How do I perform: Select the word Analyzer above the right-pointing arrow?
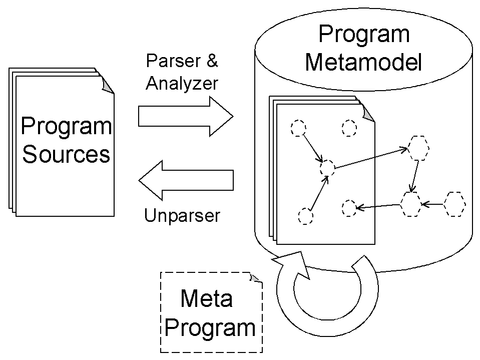pyautogui.click(x=182, y=83)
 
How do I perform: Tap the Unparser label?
pyautogui.click(x=182, y=216)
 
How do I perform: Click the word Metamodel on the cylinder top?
pyautogui.click(x=364, y=63)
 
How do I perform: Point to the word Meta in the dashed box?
pyautogui.click(x=206, y=299)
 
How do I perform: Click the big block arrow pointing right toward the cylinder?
pyautogui.click(x=186, y=117)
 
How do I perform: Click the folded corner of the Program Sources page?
pyautogui.click(x=108, y=86)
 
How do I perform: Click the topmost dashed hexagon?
pyautogui.click(x=418, y=148)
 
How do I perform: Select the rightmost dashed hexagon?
pyautogui.click(x=455, y=204)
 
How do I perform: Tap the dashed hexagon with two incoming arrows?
pyautogui.click(x=411, y=204)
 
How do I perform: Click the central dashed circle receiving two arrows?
pyautogui.click(x=327, y=168)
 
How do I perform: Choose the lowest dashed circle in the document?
pyautogui.click(x=305, y=216)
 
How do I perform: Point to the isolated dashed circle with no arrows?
pyautogui.click(x=349, y=128)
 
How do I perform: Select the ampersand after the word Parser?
pyautogui.click(x=212, y=62)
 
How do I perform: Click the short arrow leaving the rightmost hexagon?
pyautogui.click(x=433, y=204)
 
